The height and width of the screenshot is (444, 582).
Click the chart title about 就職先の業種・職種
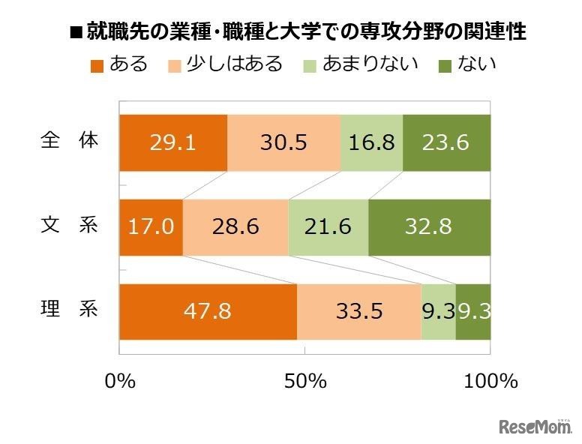point(297,32)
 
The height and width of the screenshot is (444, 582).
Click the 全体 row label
point(69,141)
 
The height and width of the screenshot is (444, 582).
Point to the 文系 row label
point(69,226)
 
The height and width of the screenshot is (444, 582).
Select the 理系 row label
point(69,310)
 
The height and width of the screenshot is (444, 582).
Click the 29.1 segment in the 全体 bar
point(173,142)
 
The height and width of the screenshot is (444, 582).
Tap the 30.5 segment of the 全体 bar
point(283,142)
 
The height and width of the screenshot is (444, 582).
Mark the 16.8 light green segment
point(371,142)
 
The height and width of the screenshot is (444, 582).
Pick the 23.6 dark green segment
point(447,142)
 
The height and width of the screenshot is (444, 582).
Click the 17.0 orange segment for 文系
point(151,226)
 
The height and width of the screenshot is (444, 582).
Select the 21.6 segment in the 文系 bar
point(328,226)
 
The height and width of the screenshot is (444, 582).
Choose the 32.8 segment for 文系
point(430,226)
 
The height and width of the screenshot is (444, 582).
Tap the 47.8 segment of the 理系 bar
point(208,311)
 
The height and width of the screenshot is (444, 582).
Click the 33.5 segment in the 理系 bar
point(358,311)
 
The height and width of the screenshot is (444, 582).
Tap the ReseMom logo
point(535,426)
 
